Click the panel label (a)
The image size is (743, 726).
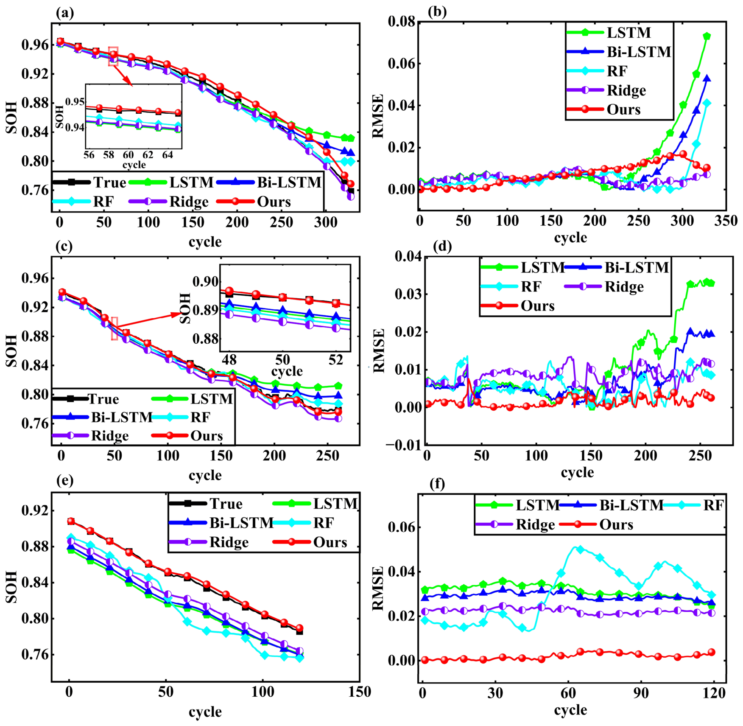[65, 13]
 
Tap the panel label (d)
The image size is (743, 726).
[443, 246]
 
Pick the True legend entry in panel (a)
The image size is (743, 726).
[89, 182]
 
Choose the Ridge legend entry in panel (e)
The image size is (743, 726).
[209, 542]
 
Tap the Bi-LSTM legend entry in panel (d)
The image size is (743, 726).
[617, 267]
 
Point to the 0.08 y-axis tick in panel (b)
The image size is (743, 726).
[401, 22]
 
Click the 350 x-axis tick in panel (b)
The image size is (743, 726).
[726, 221]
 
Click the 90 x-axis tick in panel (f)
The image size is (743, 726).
[641, 693]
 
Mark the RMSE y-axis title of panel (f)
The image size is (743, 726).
[377, 588]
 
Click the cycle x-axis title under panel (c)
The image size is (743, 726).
[205, 475]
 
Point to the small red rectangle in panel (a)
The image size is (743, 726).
[113, 56]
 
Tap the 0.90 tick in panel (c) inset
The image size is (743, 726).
[206, 282]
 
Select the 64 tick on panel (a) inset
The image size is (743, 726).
[168, 155]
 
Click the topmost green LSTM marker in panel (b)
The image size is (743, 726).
[707, 36]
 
